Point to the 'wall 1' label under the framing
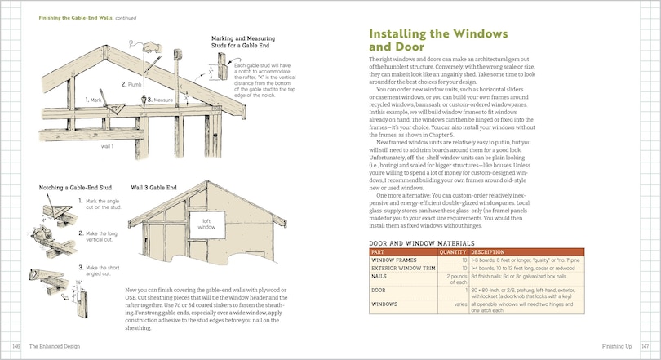(x=106, y=147)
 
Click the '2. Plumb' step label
(x=134, y=84)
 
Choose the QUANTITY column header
(x=451, y=251)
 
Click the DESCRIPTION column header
(x=493, y=251)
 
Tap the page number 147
(x=644, y=346)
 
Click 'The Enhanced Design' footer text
(x=55, y=346)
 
